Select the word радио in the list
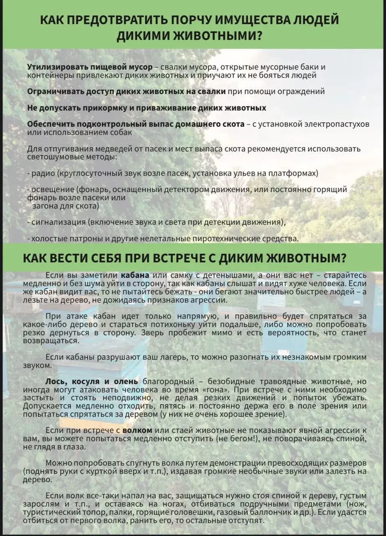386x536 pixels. (x=43, y=173)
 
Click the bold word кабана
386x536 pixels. (x=135, y=276)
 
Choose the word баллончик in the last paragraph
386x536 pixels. (x=293, y=513)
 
